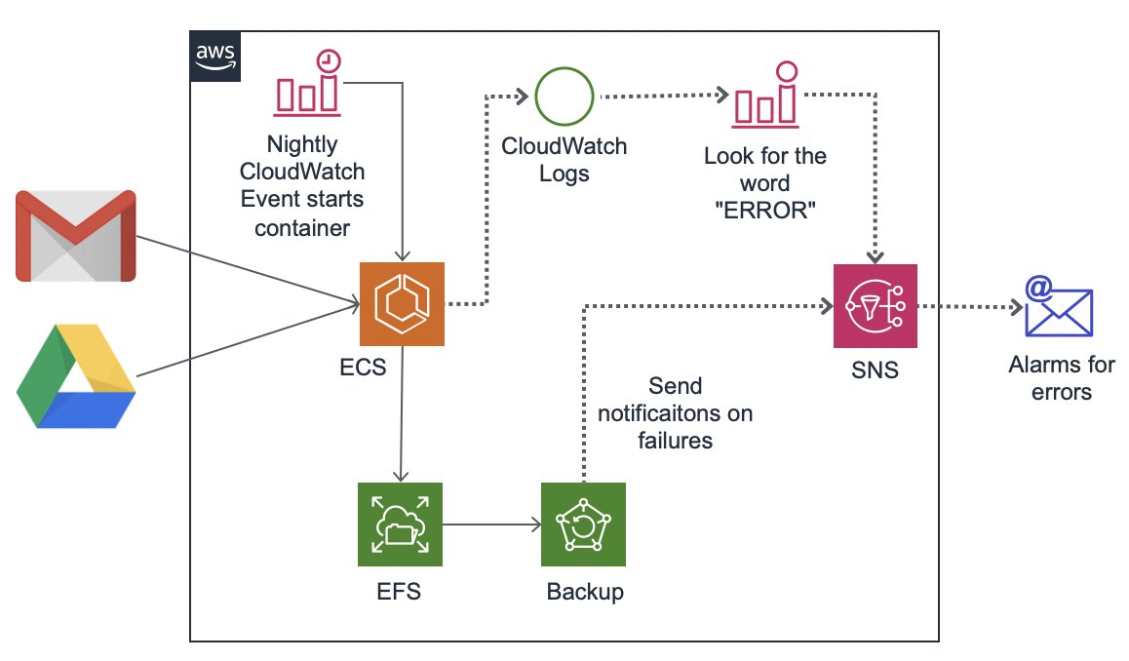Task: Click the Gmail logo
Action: point(76,236)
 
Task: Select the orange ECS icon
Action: point(402,303)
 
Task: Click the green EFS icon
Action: point(401,525)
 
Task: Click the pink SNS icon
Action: point(876,306)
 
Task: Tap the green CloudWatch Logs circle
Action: point(564,97)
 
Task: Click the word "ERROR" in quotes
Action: point(764,211)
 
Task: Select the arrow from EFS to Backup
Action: point(492,525)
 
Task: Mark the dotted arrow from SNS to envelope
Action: point(970,306)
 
